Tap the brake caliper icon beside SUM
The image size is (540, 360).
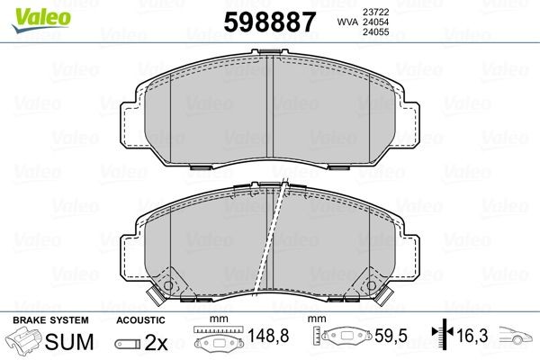coord(26,341)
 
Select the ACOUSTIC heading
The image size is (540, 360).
coord(140,320)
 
